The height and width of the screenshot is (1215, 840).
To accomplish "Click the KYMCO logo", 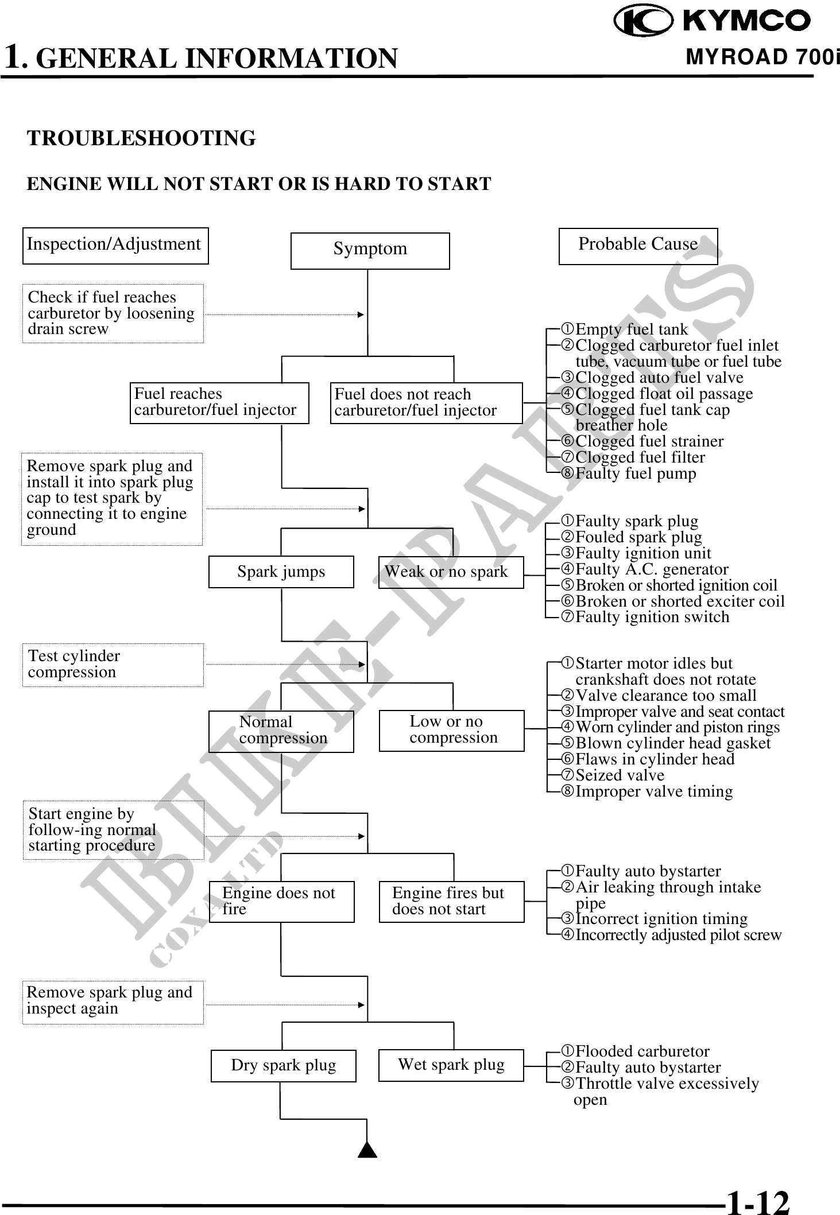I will [x=712, y=21].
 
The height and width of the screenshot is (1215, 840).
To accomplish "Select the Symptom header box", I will [x=370, y=250].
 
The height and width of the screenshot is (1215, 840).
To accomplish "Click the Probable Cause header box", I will [x=638, y=246].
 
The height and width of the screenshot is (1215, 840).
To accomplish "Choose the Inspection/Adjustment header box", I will [x=115, y=246].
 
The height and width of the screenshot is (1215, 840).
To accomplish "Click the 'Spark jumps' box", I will [x=281, y=572].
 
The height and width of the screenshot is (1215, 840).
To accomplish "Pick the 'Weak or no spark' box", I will [x=451, y=572].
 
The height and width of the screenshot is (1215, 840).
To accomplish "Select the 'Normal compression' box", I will [x=281, y=731].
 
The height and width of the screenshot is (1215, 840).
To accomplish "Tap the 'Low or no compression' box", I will [x=451, y=730].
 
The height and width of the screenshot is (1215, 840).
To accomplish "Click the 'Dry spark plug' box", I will [x=283, y=1065].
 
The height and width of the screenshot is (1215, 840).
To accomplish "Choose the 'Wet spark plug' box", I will [x=451, y=1065].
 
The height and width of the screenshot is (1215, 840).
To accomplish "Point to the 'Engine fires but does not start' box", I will [x=451, y=901].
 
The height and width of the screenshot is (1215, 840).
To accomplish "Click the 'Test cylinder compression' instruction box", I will [x=113, y=665].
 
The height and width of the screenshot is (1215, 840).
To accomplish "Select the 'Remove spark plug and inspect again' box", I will [x=113, y=1001].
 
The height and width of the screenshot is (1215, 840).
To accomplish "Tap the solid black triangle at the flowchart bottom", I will [x=367, y=1150].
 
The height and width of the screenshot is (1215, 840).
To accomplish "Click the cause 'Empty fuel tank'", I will [x=631, y=329].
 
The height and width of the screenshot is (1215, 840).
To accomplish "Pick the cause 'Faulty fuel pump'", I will [x=635, y=473].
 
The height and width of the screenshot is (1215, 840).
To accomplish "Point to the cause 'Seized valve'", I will [x=620, y=775].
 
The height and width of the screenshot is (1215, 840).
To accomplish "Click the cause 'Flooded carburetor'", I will [x=642, y=1051].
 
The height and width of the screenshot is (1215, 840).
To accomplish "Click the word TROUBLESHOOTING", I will [x=141, y=138].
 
